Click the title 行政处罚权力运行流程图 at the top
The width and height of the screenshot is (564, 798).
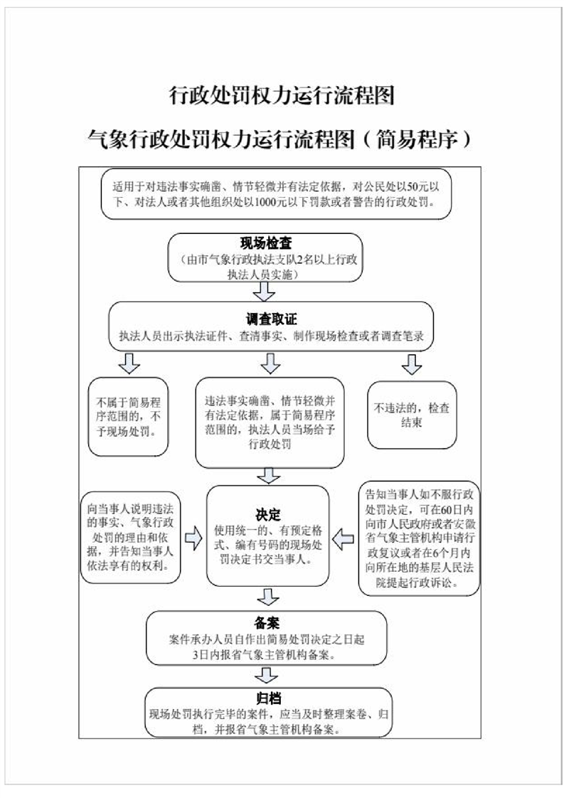click(282, 96)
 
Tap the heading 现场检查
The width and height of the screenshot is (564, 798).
click(265, 244)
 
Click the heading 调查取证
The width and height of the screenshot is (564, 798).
click(271, 320)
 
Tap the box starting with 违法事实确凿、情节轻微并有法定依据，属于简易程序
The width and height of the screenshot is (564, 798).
click(270, 422)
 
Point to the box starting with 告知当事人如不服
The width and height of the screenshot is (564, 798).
click(418, 539)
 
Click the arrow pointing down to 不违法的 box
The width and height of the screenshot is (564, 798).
click(411, 363)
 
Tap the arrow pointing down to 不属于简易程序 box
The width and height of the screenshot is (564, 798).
click(129, 363)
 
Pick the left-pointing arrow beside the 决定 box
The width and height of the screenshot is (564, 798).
click(344, 541)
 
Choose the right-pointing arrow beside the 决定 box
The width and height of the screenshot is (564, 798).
click(193, 541)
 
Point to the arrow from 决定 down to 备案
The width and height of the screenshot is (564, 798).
click(268, 596)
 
